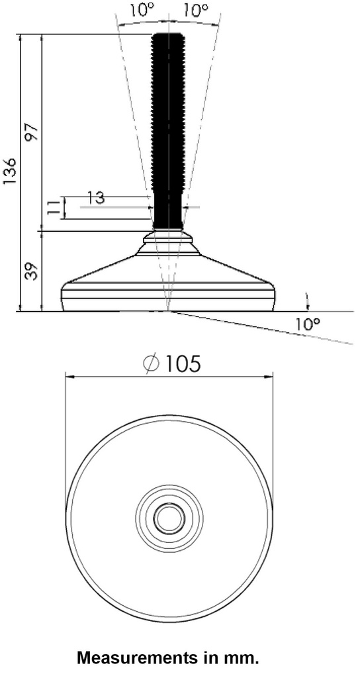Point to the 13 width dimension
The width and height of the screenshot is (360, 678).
click(x=96, y=197)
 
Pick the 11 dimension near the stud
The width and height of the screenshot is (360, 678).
click(x=54, y=208)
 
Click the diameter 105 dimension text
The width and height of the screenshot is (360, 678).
click(x=181, y=363)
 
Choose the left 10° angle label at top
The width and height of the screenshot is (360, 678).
click(x=140, y=11)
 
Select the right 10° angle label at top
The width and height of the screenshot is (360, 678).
click(x=195, y=11)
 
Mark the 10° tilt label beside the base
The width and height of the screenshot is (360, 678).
click(x=308, y=324)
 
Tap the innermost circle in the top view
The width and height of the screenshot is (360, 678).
click(x=169, y=518)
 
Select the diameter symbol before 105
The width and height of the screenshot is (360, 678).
click(x=151, y=363)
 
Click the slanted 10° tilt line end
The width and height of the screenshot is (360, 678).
click(x=351, y=343)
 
